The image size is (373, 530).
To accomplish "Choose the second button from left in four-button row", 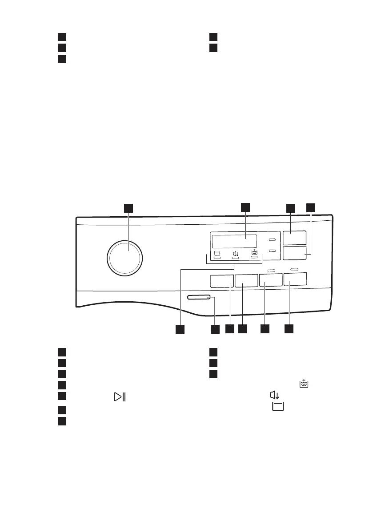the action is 246,281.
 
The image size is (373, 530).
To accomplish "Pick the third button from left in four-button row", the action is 271,280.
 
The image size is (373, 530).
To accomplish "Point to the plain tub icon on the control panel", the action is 217,253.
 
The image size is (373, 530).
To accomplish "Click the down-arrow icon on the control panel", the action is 236,253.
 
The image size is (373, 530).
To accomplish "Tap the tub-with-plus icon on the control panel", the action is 254,252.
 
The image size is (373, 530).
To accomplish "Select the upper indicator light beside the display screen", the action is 272,240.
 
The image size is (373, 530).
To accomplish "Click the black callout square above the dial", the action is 128,208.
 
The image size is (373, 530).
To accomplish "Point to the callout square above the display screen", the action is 246,206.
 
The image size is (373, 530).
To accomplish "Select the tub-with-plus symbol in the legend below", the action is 304,383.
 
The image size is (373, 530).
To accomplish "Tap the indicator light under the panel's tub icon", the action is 217,258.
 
